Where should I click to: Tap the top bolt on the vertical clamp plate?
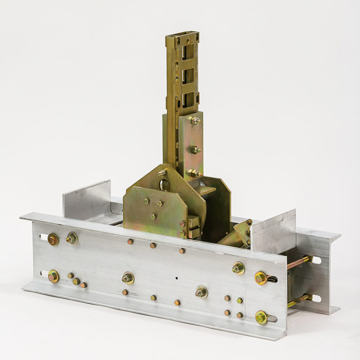[x=195, y=120]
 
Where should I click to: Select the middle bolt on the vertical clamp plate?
[x=194, y=150]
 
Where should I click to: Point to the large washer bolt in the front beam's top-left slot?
[x=53, y=240]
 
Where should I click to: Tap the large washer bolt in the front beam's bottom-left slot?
[x=53, y=276]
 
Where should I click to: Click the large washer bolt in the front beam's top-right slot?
[x=261, y=278]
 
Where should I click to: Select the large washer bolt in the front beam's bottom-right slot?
[x=261, y=317]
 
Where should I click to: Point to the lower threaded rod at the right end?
[x=300, y=300]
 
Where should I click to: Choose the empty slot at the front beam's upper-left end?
[x=42, y=237]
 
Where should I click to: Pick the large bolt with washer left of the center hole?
[x=127, y=278]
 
